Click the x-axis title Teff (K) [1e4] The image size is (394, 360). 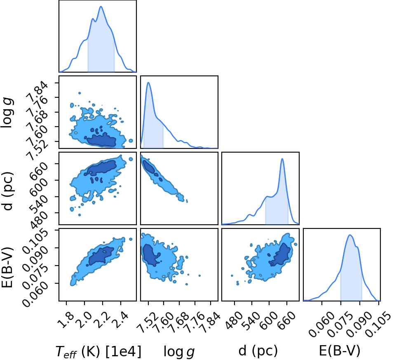98,351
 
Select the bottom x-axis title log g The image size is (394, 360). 179,351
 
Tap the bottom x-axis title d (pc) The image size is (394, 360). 258,351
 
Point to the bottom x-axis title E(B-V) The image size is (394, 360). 340,351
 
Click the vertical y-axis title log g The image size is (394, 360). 7,113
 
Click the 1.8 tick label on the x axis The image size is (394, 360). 65,317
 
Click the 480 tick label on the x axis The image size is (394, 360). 231,319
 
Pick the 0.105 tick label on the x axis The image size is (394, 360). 377,322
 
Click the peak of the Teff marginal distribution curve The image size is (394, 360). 101,6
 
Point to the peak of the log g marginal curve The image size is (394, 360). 148,82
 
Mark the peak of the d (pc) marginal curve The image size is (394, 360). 282,159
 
